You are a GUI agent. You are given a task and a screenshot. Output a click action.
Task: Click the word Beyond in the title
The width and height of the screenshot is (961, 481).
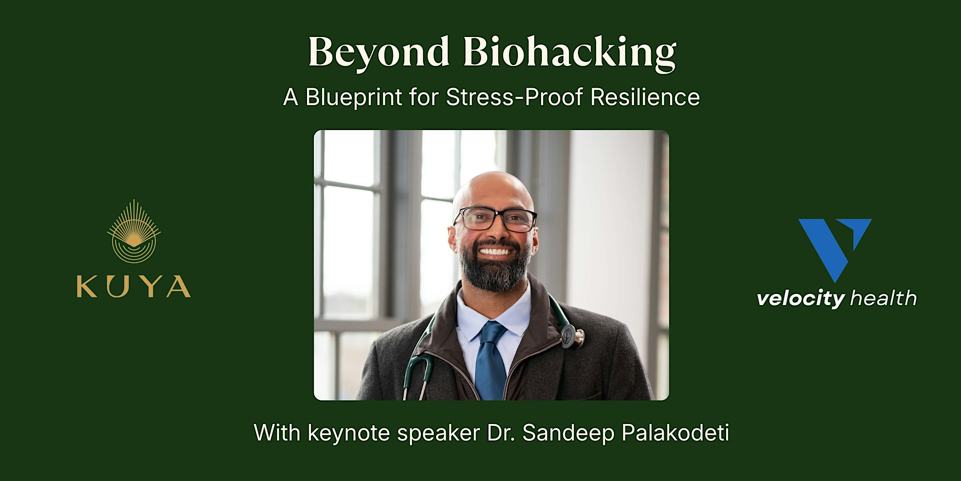click(x=378, y=53)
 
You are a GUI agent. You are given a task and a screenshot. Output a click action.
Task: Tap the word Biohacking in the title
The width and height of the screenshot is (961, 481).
click(x=569, y=53)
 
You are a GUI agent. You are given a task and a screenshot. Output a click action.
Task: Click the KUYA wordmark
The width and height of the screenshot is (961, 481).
click(x=134, y=286)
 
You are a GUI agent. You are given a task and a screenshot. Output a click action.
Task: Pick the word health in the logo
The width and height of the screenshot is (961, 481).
click(x=883, y=298)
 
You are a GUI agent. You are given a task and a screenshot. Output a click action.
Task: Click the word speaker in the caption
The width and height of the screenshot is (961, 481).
click(x=438, y=433)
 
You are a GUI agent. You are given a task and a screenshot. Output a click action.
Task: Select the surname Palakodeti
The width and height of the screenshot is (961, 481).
click(x=675, y=433)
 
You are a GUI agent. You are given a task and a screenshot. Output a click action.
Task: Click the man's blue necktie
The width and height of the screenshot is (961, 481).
click(x=491, y=361)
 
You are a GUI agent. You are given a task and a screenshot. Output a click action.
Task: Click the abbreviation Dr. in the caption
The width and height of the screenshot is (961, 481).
click(x=501, y=433)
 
